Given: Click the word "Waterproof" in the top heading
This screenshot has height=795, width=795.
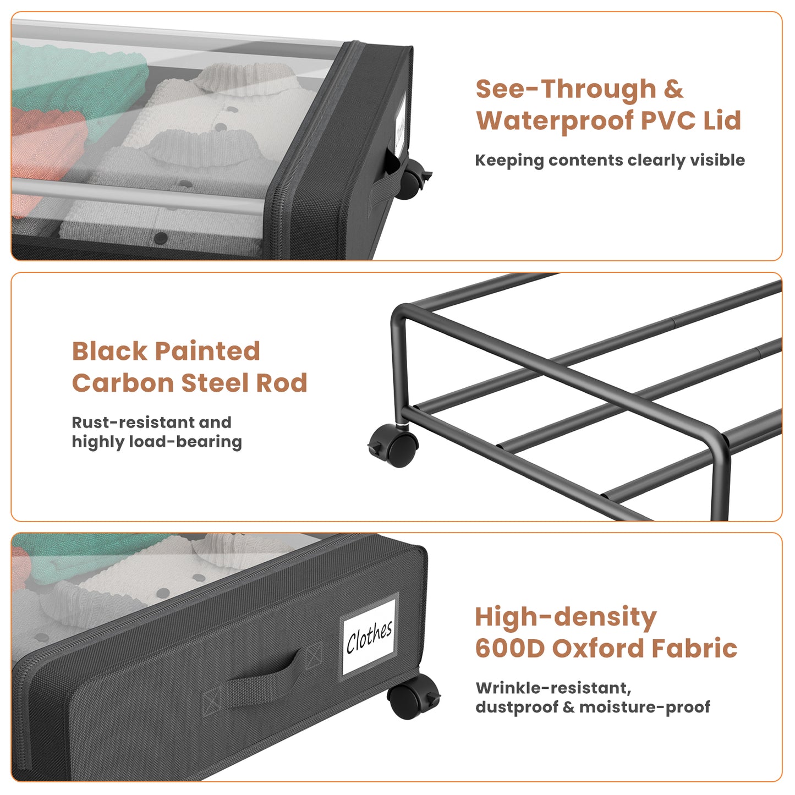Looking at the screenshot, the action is pos(554,122).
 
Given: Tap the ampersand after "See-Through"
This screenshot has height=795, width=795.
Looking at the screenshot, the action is pos(673,90).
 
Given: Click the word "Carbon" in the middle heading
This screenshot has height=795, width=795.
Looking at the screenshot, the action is pos(122,383).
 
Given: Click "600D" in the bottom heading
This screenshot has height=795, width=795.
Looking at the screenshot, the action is pos(511,648).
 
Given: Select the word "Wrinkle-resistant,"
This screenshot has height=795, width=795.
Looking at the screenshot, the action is pos(553,688).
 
